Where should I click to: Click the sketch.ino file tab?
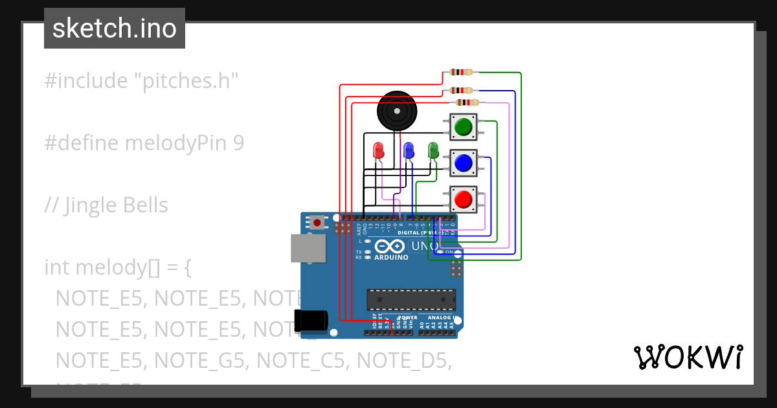pyautogui.click(x=114, y=28)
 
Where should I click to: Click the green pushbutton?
pyautogui.click(x=462, y=127)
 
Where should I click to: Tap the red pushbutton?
pyautogui.click(x=462, y=199)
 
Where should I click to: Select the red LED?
pyautogui.click(x=379, y=151)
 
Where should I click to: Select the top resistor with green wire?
pyautogui.click(x=461, y=73)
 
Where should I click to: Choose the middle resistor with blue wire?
pyautogui.click(x=461, y=91)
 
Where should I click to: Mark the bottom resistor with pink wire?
pyautogui.click(x=467, y=102)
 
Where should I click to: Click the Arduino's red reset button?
pyautogui.click(x=317, y=223)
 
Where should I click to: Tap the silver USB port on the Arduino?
pyautogui.click(x=308, y=249)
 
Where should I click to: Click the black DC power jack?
pyautogui.click(x=310, y=321)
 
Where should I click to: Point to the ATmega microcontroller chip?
pyautogui.click(x=411, y=299)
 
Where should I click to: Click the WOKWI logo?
pyautogui.click(x=688, y=357)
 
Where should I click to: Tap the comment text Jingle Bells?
pyautogui.click(x=117, y=205)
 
